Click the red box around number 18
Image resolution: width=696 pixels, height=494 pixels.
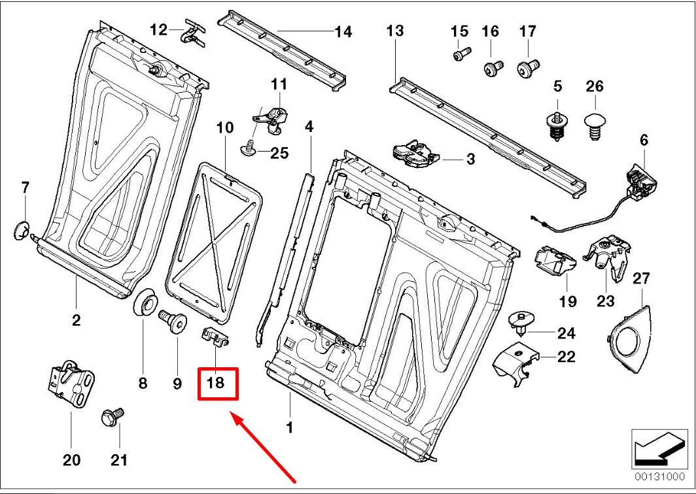point(218,383)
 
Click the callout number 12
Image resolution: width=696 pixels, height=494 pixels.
point(158,29)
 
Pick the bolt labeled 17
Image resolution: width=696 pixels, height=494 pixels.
point(527,66)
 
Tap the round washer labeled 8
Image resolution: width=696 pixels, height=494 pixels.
point(145,305)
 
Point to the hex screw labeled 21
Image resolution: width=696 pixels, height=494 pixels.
point(112,417)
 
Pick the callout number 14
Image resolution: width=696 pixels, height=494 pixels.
point(343,32)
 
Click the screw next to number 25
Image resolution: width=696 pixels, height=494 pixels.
point(249,151)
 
